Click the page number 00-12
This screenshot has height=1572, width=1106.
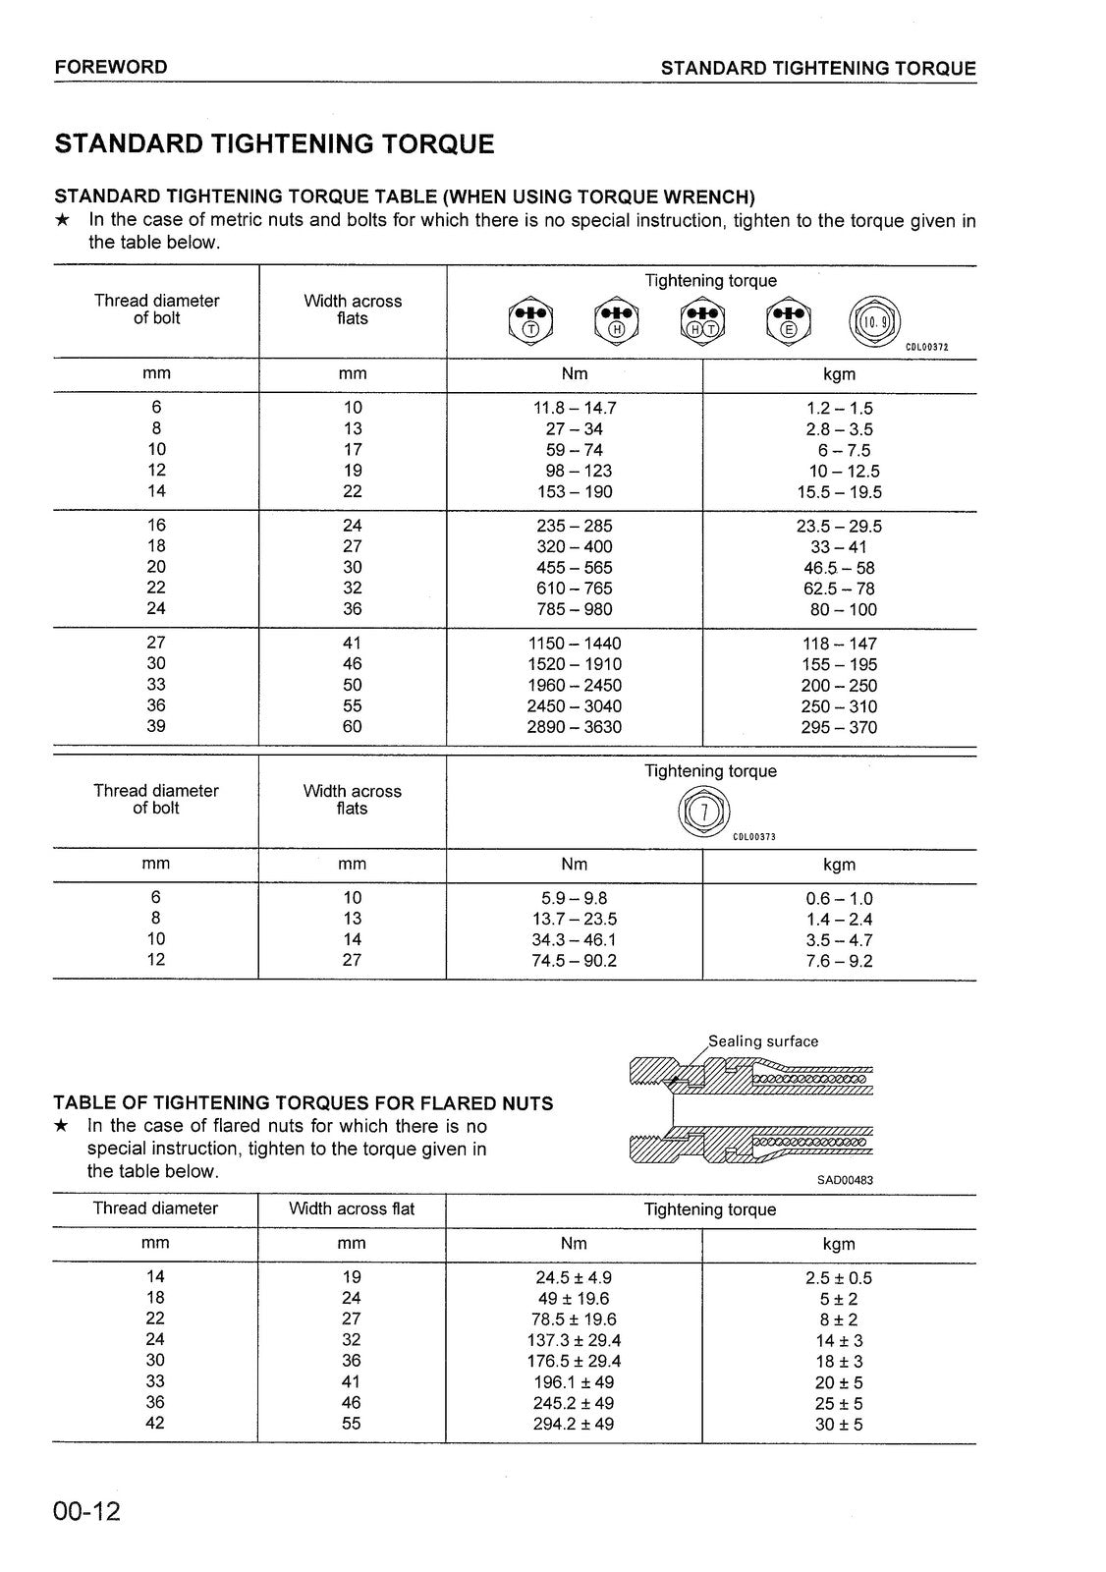coord(87,1511)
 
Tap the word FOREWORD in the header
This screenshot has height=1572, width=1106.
coord(111,67)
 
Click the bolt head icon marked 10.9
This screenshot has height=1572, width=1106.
coord(873,319)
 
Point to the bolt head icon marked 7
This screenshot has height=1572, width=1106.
coord(702,812)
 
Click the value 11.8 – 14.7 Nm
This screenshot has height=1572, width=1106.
coord(574,408)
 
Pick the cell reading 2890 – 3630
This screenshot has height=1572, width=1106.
coord(574,727)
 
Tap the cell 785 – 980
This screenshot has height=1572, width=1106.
coord(574,609)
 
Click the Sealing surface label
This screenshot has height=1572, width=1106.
coord(763,1041)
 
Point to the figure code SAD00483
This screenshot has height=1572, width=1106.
coord(845,1180)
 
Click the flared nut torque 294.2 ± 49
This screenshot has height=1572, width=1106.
coord(574,1424)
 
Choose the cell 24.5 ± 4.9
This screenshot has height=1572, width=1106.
coord(574,1278)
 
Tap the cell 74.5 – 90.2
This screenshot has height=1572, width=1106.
coord(574,960)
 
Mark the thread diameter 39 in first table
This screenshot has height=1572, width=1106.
coord(156,726)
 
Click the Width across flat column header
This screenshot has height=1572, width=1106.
coord(352,1208)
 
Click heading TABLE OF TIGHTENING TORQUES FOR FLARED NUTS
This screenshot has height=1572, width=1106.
coord(304,1103)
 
